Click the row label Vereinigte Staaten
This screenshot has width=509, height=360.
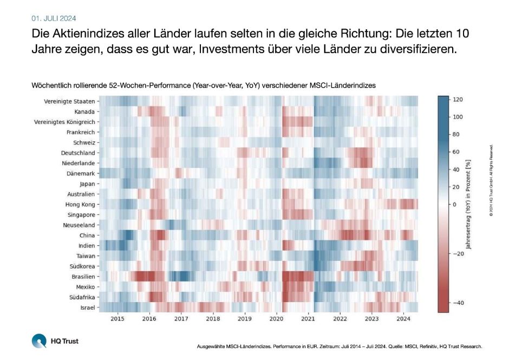click(x=69, y=101)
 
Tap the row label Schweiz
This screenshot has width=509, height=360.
click(x=84, y=142)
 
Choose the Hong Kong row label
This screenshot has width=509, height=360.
click(x=79, y=204)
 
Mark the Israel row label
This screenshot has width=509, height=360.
click(x=87, y=307)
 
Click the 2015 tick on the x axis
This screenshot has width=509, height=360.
click(x=118, y=319)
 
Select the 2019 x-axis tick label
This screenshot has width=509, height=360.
click(x=245, y=319)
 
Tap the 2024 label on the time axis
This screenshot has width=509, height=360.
click(x=403, y=319)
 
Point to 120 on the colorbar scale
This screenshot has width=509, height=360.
click(x=457, y=100)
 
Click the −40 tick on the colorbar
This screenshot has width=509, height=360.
click(x=457, y=303)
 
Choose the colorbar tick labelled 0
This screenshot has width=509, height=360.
click(x=455, y=204)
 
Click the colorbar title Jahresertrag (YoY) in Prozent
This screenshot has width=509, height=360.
click(x=469, y=204)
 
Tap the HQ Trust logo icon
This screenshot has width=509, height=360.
click(x=39, y=342)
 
